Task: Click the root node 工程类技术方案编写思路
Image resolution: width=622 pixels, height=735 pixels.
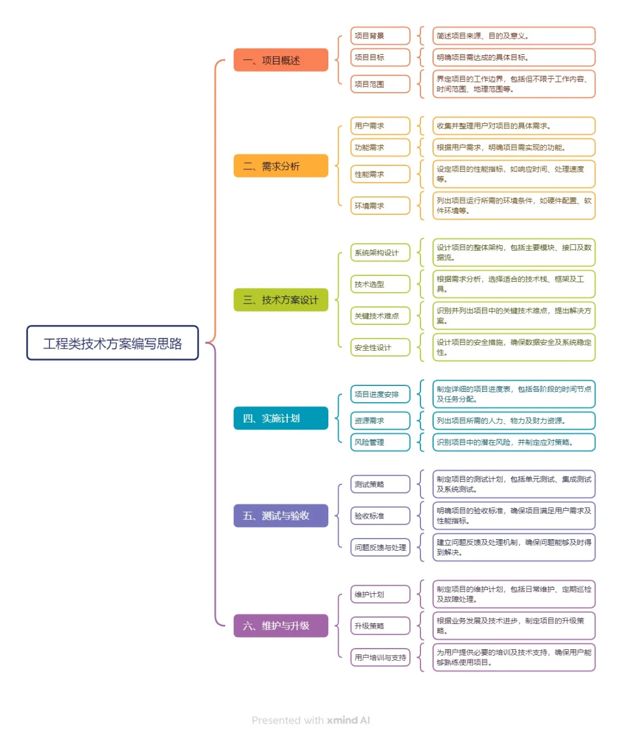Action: click(x=112, y=343)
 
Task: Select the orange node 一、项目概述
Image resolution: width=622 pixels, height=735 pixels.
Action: click(x=280, y=60)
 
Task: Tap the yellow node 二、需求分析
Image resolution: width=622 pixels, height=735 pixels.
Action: click(x=280, y=166)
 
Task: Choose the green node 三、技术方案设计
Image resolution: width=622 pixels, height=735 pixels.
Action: click(x=280, y=300)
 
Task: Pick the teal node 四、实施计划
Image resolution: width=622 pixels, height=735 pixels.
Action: click(x=280, y=418)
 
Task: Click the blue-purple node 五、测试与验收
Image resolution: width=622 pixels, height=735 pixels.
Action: click(x=280, y=516)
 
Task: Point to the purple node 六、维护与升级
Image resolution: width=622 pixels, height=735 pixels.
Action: click(x=280, y=626)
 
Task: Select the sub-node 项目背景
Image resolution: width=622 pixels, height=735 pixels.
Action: click(x=380, y=36)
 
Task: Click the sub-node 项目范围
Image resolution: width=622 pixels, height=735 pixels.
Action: click(x=380, y=84)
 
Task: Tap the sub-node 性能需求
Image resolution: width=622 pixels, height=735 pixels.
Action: click(x=380, y=174)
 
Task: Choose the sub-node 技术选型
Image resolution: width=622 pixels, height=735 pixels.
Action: click(x=380, y=284)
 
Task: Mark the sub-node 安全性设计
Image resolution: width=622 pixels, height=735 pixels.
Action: click(x=380, y=347)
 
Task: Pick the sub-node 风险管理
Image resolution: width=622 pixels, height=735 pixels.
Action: click(x=380, y=442)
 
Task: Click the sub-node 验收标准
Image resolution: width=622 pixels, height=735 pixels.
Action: click(x=380, y=516)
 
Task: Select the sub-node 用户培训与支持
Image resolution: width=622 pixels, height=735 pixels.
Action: click(x=380, y=657)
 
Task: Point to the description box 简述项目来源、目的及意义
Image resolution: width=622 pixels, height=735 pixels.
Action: click(x=514, y=36)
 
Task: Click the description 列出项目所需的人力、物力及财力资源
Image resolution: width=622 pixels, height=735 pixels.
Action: click(x=514, y=420)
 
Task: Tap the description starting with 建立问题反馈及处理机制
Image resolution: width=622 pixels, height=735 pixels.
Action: click(x=514, y=547)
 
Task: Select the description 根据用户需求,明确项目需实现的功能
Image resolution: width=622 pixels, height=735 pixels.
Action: click(x=514, y=147)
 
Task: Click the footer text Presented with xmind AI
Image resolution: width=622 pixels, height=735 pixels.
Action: click(x=311, y=720)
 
